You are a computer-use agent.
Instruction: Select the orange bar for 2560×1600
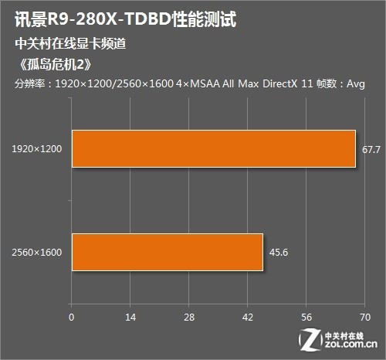(x=168, y=252)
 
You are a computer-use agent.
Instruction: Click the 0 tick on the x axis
(x=72, y=317)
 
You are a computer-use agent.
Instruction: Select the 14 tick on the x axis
(x=130, y=317)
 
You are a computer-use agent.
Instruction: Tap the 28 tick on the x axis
(x=189, y=317)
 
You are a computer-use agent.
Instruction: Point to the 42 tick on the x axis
(x=248, y=317)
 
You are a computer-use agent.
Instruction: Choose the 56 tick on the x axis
(x=306, y=317)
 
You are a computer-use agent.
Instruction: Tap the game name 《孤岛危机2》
(x=48, y=63)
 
